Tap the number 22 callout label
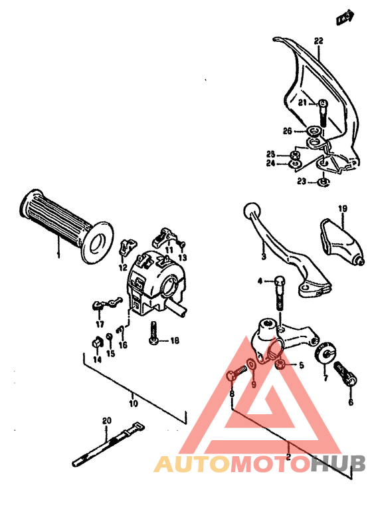[318, 41]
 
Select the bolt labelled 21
[322, 113]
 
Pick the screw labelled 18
[153, 330]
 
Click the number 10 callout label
[133, 403]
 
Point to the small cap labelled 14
[96, 343]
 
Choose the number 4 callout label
[260, 281]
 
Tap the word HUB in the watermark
[337, 463]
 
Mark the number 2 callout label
[288, 456]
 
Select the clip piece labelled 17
[101, 305]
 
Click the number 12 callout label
[123, 267]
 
